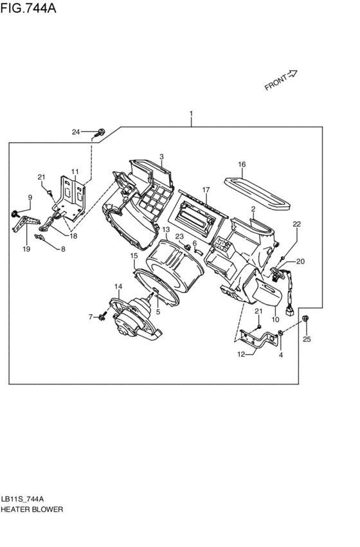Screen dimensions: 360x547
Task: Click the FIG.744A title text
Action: pos(28,8)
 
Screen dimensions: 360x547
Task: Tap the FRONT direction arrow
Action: pos(292,75)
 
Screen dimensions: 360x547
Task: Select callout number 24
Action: pos(76,132)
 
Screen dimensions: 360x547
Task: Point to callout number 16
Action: pos(242,165)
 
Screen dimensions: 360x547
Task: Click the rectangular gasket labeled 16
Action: pos(257,193)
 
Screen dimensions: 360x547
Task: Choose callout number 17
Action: pos(206,190)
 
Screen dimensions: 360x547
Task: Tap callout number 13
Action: pos(166,229)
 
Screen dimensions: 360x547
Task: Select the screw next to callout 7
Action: pos(102,317)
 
